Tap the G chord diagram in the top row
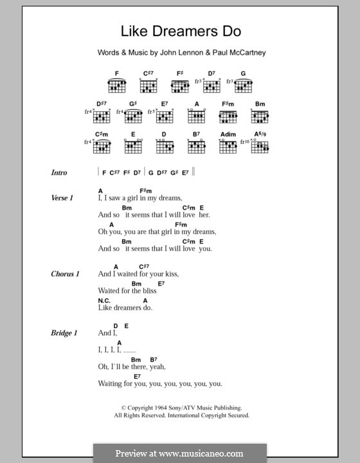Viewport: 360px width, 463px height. coord(244,82)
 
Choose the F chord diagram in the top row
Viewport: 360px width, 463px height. coord(118,82)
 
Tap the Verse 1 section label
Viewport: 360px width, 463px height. coord(62,198)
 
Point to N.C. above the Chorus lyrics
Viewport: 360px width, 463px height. coord(105,300)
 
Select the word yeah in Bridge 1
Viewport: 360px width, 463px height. coord(157,367)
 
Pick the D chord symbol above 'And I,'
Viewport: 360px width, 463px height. coord(116,325)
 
